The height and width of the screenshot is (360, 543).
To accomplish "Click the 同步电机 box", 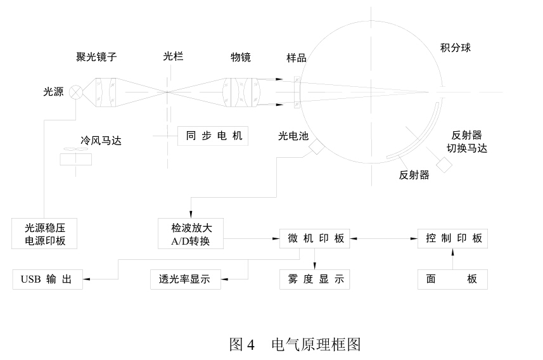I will tap(210, 135).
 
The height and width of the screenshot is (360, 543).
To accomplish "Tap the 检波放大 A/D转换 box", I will tap(191, 233).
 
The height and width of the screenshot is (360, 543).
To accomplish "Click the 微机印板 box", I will tap(314, 238).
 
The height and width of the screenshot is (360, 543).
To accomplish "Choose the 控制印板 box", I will tap(452, 238).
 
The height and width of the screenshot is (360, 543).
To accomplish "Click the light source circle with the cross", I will tap(76, 93).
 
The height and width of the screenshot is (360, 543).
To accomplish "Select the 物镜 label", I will tap(241, 58).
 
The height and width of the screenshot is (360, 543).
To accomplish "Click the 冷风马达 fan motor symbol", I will tap(75, 156).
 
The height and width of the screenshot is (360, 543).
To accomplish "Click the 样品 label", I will tap(297, 58).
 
